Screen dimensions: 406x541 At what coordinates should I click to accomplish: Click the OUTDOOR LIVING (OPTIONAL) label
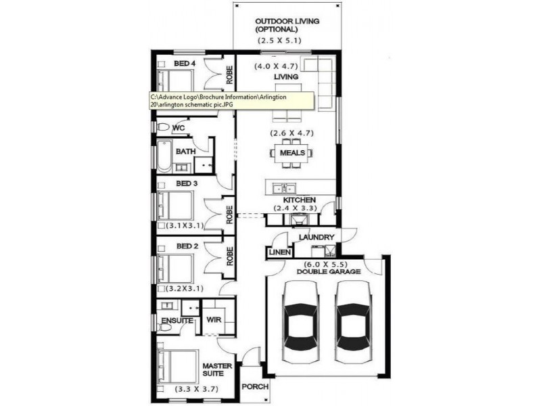point(287,25)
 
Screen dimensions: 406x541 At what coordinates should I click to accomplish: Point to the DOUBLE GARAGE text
point(329,271)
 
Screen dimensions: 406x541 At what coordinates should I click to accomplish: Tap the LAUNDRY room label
point(315,238)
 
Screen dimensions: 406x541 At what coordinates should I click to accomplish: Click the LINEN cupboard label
point(279,252)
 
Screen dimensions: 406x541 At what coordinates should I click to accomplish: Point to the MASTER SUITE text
point(217,370)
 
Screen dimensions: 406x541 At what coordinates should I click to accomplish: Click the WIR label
point(214,319)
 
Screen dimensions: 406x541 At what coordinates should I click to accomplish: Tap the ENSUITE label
point(177,320)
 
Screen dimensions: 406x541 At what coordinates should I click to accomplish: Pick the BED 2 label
point(187,246)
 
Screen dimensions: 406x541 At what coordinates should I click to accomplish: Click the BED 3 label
point(187,183)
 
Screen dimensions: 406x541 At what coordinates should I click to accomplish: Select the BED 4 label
point(185,64)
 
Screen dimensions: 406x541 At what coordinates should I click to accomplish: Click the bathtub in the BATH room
point(164,156)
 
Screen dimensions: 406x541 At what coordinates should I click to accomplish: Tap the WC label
point(179,127)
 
